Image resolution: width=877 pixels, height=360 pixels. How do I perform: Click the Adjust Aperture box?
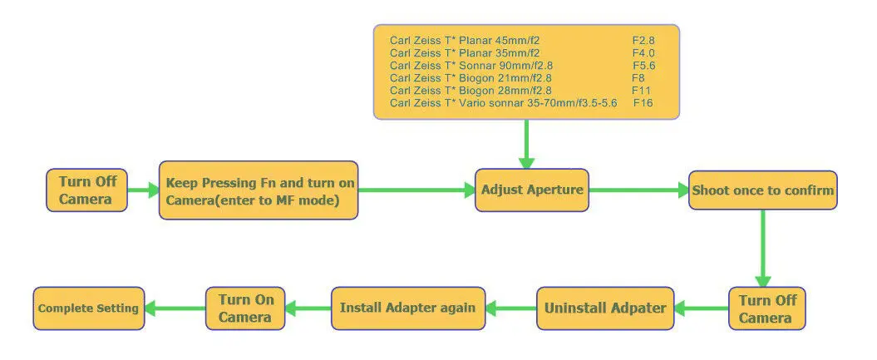tap(532, 190)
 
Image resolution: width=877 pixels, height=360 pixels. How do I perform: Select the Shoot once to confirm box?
tap(763, 190)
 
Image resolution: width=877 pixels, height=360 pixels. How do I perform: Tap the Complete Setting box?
tap(88, 308)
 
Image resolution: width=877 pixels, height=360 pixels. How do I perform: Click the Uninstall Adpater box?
tap(605, 308)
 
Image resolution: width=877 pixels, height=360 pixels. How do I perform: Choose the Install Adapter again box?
tap(407, 308)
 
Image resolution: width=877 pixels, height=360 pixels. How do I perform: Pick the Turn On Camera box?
tap(245, 308)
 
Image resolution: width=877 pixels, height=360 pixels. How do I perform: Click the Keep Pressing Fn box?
tap(259, 190)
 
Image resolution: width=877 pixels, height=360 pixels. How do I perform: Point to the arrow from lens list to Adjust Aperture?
tap(526, 144)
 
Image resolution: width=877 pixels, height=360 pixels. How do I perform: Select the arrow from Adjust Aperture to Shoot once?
tap(638, 190)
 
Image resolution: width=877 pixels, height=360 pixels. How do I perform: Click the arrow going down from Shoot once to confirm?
tap(763, 249)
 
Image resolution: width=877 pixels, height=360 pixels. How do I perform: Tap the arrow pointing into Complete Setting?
tap(175, 308)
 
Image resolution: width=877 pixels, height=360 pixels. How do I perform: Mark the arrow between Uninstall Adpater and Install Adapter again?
tap(510, 308)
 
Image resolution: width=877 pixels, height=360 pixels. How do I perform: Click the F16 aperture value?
tap(643, 103)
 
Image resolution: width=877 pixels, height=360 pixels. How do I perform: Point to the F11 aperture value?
tap(642, 91)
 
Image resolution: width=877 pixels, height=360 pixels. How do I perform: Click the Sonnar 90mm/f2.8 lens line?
tap(471, 66)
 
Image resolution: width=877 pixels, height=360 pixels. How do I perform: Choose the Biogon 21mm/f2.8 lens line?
tap(471, 78)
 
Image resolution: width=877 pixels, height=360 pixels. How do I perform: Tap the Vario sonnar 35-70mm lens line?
tap(504, 103)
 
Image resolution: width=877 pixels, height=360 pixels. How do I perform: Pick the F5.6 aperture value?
tap(643, 66)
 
